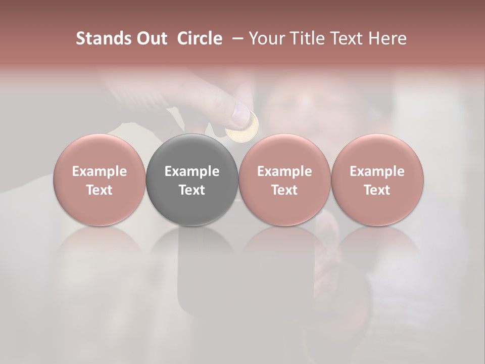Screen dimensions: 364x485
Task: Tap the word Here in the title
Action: pos(388,38)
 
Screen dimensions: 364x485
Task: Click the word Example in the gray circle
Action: pos(192,171)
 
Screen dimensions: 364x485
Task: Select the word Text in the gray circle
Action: pos(192,190)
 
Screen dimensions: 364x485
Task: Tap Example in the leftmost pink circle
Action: pos(100,171)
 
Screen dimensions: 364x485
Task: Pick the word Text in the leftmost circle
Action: pos(100,190)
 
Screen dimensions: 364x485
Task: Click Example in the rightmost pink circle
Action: pos(377,171)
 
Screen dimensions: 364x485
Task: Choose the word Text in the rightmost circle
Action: pos(377,190)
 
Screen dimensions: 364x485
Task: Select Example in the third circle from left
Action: pos(284,171)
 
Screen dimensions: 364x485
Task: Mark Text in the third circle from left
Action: pos(284,190)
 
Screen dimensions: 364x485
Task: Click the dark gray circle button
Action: pos(192,152)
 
